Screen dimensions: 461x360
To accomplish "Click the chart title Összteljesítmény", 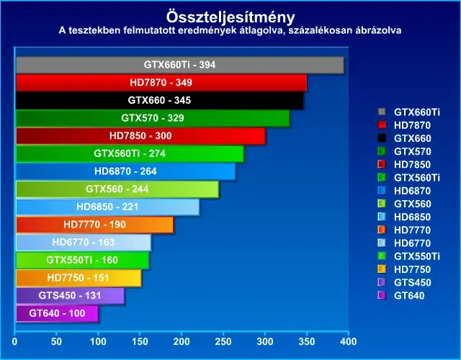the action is click(230, 17).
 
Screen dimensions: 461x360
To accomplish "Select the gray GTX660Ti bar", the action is click(180, 65).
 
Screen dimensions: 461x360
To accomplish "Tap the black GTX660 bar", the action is click(160, 101).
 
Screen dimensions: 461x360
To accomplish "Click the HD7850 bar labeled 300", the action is click(140, 136).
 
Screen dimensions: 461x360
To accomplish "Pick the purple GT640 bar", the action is click(57, 314).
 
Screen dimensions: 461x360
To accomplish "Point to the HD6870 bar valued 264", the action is click(125, 171).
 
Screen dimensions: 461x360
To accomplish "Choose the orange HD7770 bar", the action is click(94, 225).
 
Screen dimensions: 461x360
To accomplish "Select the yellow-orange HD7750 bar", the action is click(79, 278).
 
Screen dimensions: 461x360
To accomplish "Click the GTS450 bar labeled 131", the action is click(70, 296).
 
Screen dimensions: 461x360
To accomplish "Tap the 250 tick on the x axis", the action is click(223, 341).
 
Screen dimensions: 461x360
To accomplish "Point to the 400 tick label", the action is click(349, 341).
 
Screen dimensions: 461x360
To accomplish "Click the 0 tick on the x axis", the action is click(14, 341).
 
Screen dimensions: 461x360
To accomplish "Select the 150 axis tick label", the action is click(140, 341).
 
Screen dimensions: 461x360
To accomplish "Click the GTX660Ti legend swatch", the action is click(382, 112).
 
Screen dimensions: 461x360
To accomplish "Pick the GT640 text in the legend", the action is click(409, 295).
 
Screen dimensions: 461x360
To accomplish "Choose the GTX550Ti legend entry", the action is click(408, 256).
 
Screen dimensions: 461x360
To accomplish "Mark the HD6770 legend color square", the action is click(382, 243).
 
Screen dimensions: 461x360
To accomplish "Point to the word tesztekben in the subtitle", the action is click(94, 30).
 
